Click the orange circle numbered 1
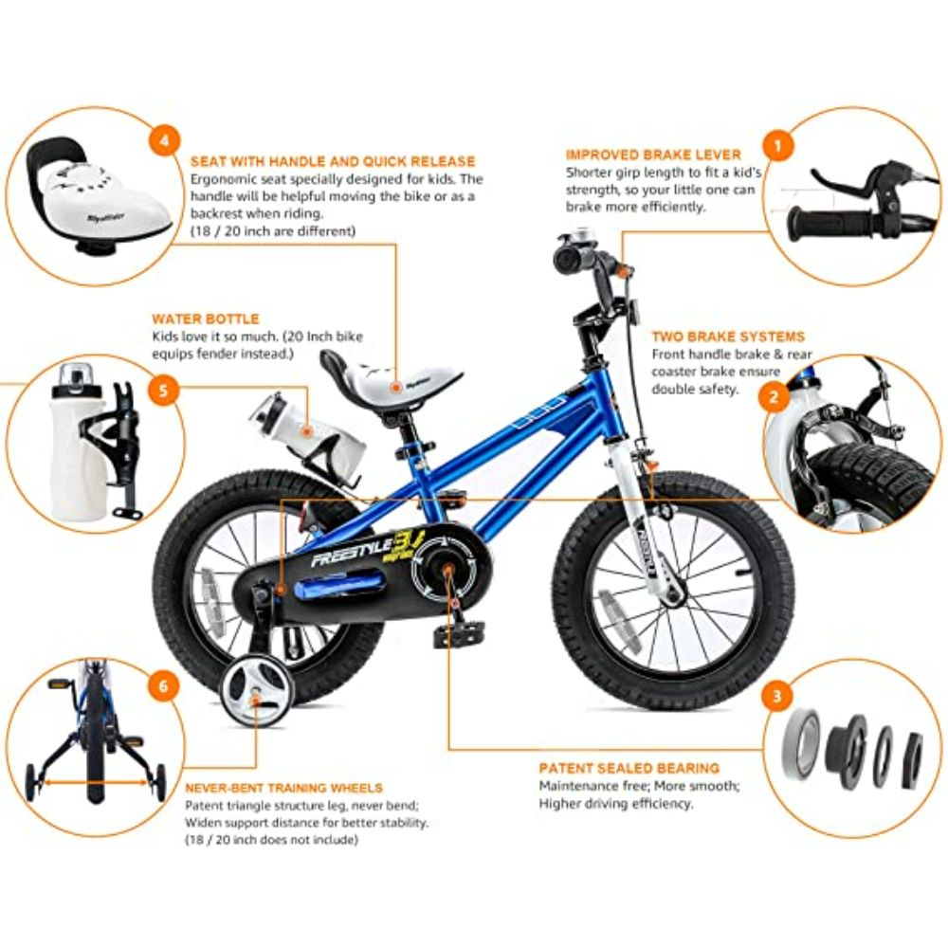click(778, 146)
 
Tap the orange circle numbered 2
click(774, 397)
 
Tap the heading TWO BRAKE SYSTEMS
click(728, 337)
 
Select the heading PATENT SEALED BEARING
click(629, 768)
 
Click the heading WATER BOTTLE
click(206, 319)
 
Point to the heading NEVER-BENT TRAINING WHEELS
click(283, 788)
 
